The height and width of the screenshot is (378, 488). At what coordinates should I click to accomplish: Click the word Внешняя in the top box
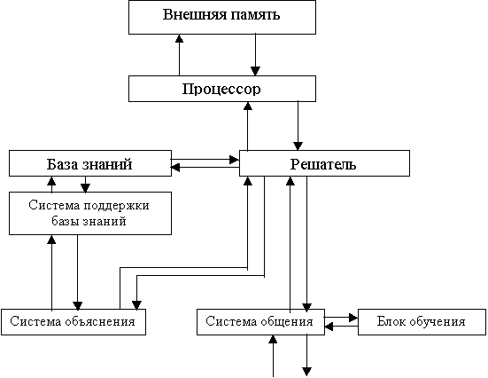click(x=190, y=15)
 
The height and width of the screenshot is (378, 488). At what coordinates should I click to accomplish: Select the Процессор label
click(x=221, y=90)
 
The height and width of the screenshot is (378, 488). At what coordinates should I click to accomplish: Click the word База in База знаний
click(x=62, y=164)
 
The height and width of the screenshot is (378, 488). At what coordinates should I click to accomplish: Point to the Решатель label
click(x=323, y=164)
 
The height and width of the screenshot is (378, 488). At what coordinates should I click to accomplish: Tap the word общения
click(x=286, y=321)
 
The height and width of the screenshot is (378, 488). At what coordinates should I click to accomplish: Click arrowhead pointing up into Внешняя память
click(x=179, y=38)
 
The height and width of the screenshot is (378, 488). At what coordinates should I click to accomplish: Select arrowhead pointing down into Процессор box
click(x=256, y=71)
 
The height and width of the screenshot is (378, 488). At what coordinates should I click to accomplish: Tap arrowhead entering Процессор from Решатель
click(x=248, y=106)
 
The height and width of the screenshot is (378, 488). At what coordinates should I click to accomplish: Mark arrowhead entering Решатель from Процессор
click(x=298, y=146)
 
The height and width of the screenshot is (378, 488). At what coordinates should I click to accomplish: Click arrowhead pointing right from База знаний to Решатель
click(x=235, y=160)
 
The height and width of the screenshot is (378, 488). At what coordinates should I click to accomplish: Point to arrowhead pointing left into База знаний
click(x=175, y=168)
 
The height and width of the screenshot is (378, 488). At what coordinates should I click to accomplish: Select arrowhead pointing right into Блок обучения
click(x=353, y=318)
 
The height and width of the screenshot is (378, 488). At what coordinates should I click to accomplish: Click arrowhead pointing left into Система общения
click(x=329, y=327)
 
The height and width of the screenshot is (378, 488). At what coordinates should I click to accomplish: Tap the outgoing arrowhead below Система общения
click(x=306, y=372)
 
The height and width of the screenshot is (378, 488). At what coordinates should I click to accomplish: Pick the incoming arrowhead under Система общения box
click(x=273, y=339)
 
